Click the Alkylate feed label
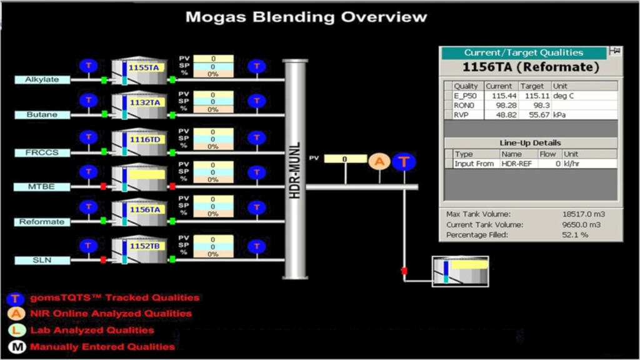[x=42, y=80]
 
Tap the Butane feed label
[x=42, y=115]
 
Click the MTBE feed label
[x=42, y=186]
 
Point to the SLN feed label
[x=42, y=260]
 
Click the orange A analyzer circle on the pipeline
[x=378, y=162]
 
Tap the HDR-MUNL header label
[x=296, y=170]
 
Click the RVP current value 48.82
[x=503, y=116]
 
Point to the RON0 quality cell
[x=463, y=106]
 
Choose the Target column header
[x=532, y=86]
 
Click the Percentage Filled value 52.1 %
[x=576, y=235]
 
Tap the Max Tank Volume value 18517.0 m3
[x=583, y=214]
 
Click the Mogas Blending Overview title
[x=306, y=17]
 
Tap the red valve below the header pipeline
[x=404, y=271]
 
